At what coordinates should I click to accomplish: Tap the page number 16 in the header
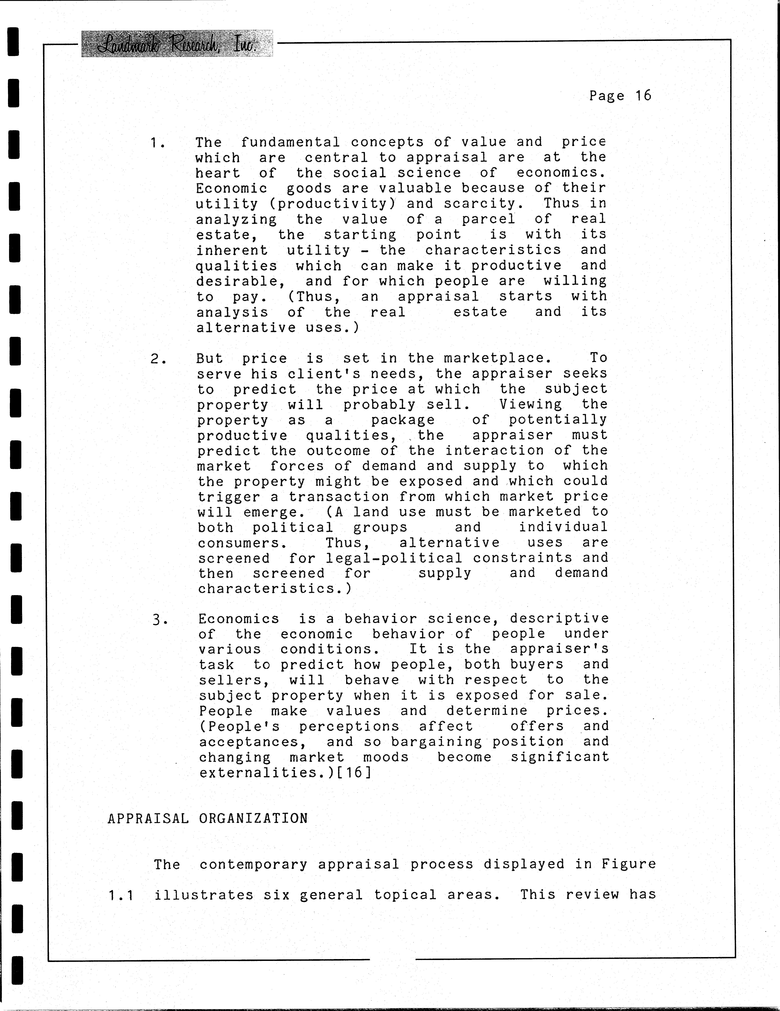point(643,96)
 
